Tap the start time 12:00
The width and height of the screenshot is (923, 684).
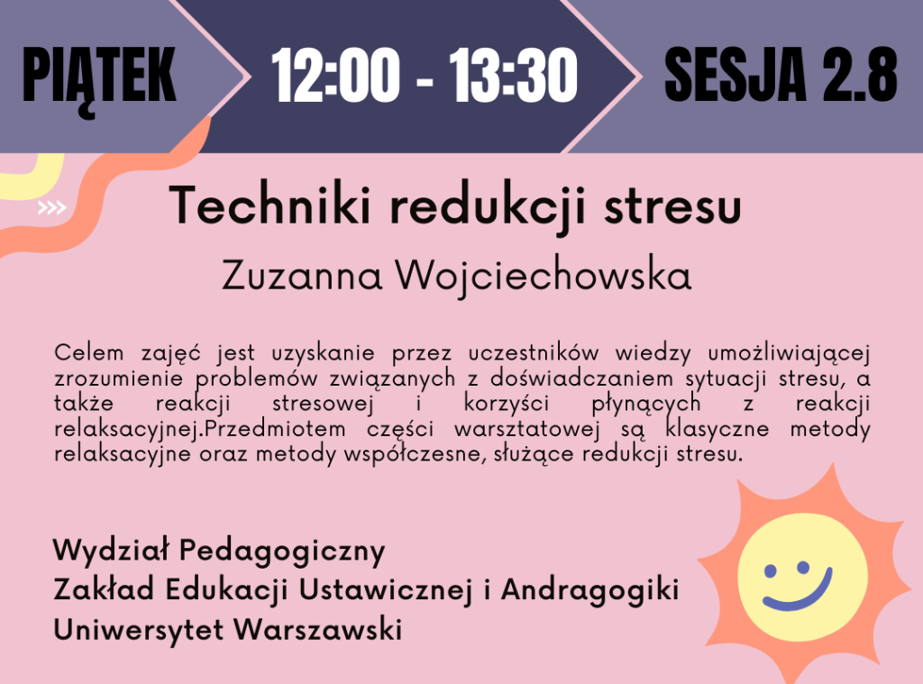(x=335, y=76)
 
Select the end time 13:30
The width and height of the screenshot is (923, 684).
(x=513, y=76)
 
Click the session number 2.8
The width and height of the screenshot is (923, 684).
(x=859, y=75)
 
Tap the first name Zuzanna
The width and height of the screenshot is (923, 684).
(x=302, y=276)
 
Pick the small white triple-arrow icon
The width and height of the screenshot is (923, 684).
(x=51, y=208)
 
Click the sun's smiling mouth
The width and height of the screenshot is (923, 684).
(x=799, y=591)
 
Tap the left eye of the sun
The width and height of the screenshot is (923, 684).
(x=770, y=570)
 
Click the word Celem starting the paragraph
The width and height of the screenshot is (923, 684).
(x=89, y=352)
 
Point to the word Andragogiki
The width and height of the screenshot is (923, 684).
(x=589, y=590)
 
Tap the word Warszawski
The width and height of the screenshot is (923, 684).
(x=318, y=629)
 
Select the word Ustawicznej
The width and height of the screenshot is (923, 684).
(x=385, y=590)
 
